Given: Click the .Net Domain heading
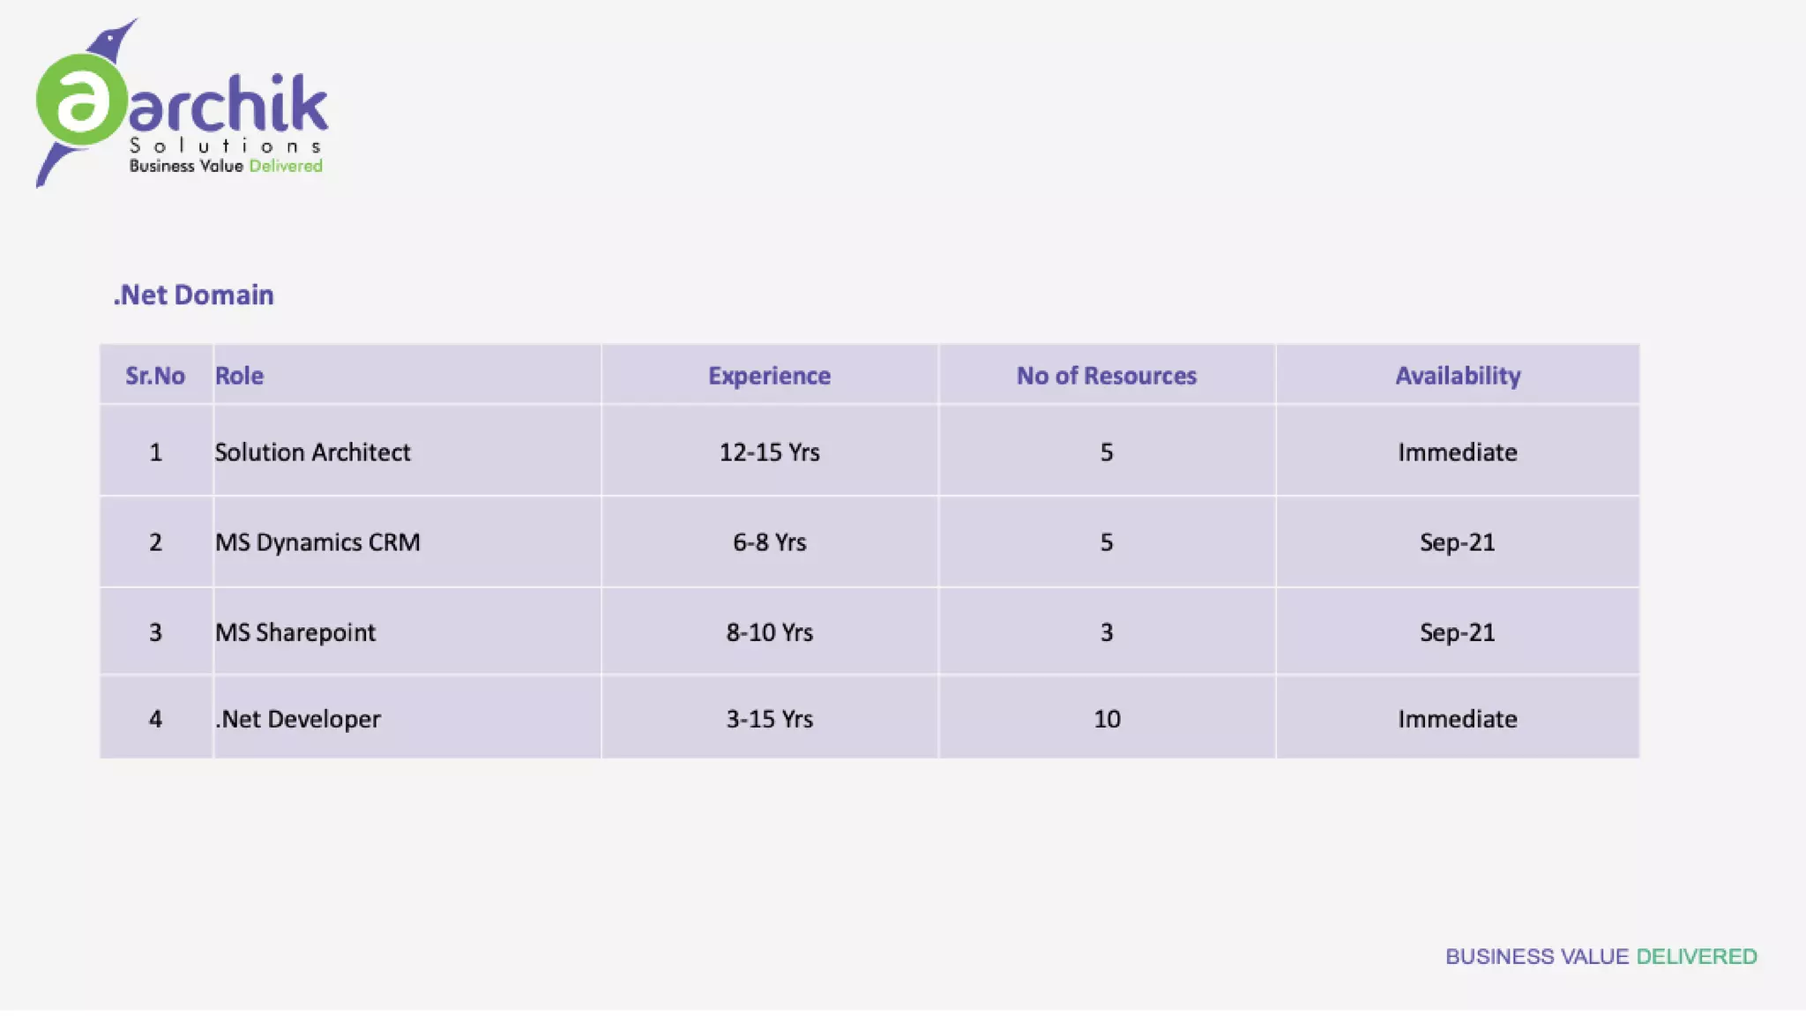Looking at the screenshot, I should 193,295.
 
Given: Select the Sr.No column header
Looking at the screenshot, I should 155,376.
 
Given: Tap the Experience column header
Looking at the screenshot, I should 769,376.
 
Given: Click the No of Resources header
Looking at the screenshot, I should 1106,376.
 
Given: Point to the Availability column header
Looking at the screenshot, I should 1457,376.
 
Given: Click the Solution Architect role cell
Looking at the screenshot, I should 312,452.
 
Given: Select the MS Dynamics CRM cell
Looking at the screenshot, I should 317,542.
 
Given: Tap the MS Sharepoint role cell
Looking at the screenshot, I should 295,632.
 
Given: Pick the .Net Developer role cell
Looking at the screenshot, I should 298,719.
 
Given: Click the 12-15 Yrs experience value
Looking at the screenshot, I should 769,452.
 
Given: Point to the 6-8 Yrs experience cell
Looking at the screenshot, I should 769,542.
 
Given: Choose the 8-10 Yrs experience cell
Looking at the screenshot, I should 769,632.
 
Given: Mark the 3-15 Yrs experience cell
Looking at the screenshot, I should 769,719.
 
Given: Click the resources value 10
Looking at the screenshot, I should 1107,719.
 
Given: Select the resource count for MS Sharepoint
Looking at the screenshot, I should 1106,632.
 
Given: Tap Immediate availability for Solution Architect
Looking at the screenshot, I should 1457,452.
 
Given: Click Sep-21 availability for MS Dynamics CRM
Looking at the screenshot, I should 1457,542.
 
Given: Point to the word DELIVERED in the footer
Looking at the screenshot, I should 1696,957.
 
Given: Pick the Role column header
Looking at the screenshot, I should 239,376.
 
